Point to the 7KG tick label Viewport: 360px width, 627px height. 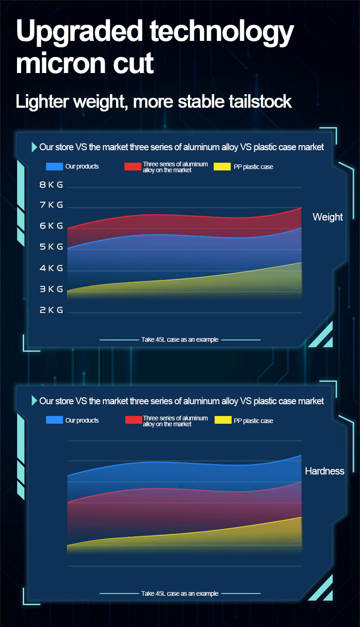point(51,205)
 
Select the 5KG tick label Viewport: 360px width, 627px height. point(51,247)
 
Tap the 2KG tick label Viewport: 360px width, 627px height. point(51,311)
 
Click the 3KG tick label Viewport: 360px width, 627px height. point(51,289)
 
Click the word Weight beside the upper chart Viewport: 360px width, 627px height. point(327,217)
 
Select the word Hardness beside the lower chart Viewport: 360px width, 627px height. point(324,471)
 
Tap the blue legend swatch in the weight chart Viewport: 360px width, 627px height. point(54,166)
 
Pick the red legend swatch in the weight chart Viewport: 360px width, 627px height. point(133,166)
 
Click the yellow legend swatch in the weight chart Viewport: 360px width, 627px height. point(222,166)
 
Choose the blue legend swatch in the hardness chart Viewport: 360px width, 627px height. point(54,420)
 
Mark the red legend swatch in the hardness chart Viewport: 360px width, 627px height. point(133,420)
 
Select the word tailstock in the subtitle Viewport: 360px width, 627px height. point(259,102)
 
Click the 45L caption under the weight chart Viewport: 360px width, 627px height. point(180,340)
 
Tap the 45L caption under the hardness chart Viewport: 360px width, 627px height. point(180,593)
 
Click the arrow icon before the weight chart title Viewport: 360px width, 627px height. point(34,147)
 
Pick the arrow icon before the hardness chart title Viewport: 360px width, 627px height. point(34,401)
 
